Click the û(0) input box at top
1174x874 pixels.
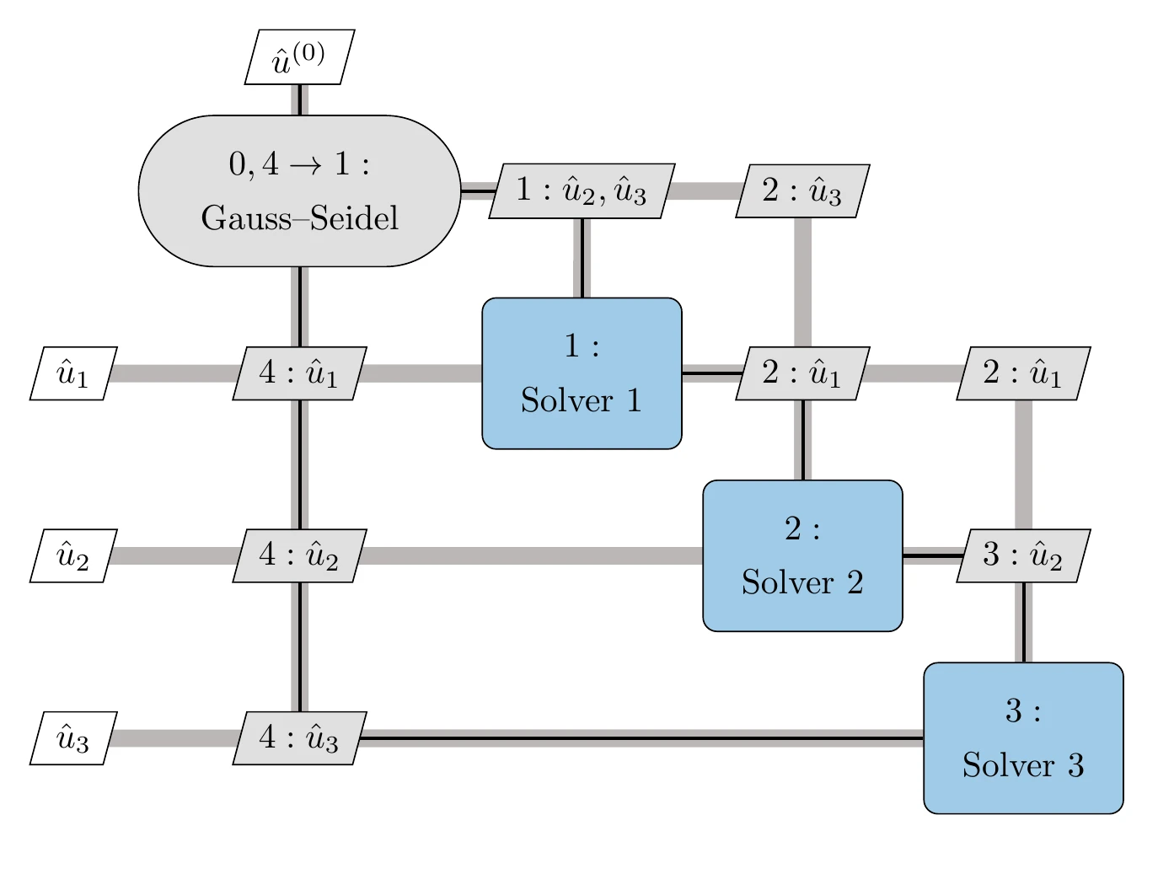299,57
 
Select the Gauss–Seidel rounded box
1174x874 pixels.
299,190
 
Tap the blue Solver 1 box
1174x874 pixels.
582,373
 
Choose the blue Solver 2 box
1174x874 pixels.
802,556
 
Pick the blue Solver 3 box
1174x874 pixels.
1023,738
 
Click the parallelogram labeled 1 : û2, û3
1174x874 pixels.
582,190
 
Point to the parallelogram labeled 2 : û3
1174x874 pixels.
802,190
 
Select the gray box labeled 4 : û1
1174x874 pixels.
299,373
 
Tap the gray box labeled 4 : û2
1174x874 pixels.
299,556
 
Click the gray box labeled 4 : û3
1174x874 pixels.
299,738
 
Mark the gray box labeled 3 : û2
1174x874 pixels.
1023,556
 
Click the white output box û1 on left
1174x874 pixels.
73,373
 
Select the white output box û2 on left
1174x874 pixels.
73,556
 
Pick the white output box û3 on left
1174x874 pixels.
73,738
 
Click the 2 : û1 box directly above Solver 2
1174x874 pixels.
802,373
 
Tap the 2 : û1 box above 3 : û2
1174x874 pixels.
1023,373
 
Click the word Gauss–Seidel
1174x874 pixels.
299,218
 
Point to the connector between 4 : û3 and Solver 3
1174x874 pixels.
641,738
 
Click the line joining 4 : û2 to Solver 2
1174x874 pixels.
531,556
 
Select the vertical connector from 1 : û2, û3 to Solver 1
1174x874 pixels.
582,257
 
